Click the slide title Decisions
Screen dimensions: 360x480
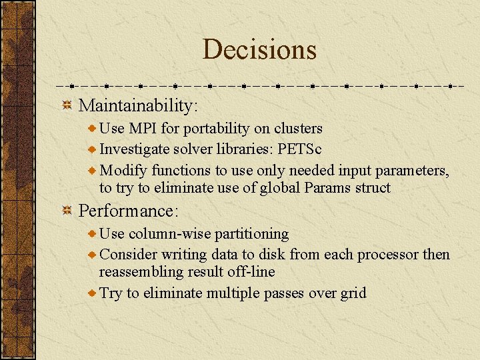coord(259,49)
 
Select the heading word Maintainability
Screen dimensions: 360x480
coord(137,105)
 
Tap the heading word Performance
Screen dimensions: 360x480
coord(127,211)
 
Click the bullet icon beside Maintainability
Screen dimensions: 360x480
coord(67,105)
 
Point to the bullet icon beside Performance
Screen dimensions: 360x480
coord(67,211)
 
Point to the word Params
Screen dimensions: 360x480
coord(328,188)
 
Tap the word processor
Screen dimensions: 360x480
coord(388,255)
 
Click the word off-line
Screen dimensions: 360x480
coord(252,272)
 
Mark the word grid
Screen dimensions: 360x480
coord(353,293)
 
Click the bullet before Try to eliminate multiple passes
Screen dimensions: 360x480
coord(93,293)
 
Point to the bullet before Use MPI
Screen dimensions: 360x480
coord(93,128)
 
